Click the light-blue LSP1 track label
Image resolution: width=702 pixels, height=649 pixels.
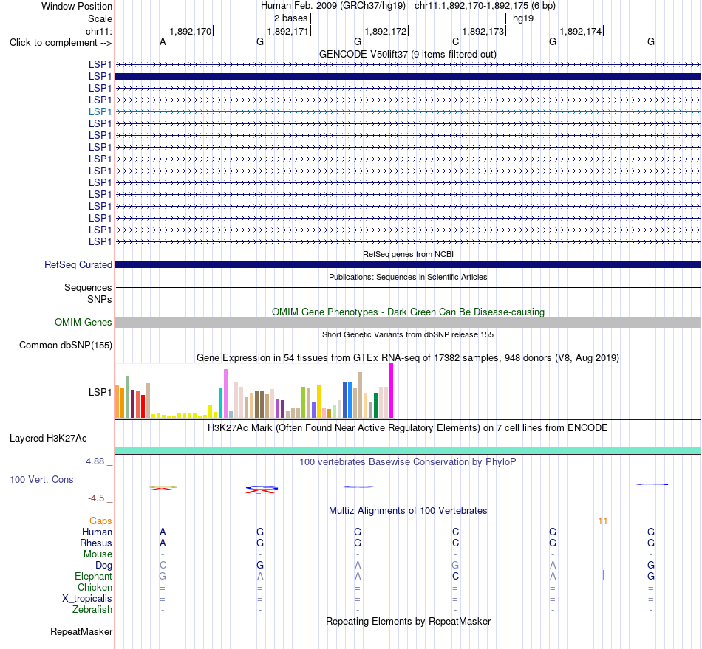[100, 111]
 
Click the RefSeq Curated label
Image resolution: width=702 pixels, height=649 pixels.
[78, 265]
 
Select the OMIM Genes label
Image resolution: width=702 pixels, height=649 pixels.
[84, 322]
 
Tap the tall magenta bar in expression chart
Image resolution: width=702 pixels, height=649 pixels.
[392, 391]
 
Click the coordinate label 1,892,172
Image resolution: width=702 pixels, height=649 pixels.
[386, 31]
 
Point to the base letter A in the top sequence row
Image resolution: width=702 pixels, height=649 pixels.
[163, 42]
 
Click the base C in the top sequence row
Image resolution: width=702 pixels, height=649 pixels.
[455, 42]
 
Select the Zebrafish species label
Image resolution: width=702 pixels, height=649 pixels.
[92, 610]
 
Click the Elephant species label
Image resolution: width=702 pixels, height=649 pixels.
[94, 576]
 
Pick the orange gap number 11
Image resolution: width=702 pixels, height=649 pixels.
[602, 521]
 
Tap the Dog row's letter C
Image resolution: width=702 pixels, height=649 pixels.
[163, 566]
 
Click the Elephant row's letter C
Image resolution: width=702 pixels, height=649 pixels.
[455, 576]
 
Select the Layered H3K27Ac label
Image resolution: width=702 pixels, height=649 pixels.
[48, 439]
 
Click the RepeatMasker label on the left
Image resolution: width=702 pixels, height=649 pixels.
[81, 631]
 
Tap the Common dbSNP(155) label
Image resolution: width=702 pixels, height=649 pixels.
[66, 346]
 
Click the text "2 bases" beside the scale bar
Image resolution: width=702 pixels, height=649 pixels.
[291, 18]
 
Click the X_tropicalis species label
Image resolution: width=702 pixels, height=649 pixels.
[87, 599]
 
